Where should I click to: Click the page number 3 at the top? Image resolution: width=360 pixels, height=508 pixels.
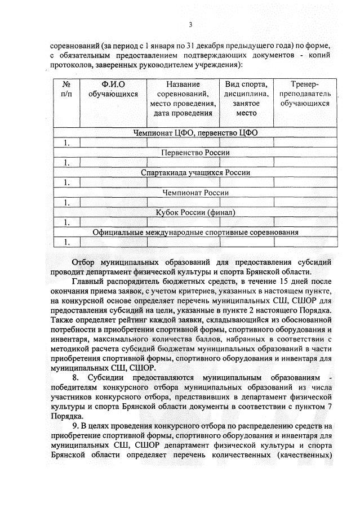190,24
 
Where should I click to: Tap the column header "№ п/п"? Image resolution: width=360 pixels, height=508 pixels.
66,89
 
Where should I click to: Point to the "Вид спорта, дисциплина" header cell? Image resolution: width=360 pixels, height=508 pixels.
246,99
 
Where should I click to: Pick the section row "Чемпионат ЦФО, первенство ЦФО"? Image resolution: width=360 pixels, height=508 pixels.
195,133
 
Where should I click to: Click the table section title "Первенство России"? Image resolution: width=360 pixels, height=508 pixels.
195,153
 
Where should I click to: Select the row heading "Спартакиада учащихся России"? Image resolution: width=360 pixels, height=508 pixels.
195,172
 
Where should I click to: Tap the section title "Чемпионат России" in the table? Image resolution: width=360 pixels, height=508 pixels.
195,193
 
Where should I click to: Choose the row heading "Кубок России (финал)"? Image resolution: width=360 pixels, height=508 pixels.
195,212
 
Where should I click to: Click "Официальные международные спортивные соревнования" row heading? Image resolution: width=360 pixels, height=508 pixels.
195,232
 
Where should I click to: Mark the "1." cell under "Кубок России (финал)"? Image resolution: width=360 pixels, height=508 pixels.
66,222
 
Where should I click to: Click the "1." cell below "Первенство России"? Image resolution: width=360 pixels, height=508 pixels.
66,162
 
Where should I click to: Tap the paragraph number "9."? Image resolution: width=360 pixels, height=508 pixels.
76,426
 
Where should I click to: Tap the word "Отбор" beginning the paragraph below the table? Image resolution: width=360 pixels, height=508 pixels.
84,262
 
